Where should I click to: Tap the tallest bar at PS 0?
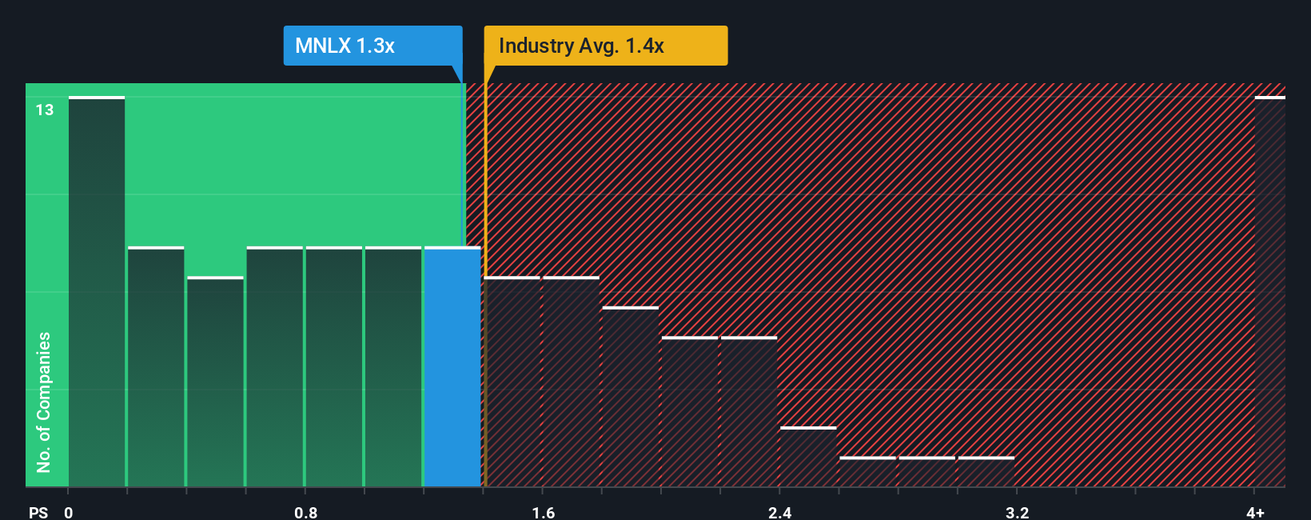pyautogui.click(x=97, y=292)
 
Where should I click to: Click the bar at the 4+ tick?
pyautogui.click(x=1269, y=292)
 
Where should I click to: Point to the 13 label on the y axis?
pyautogui.click(x=45, y=110)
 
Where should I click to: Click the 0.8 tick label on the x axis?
pyautogui.click(x=305, y=512)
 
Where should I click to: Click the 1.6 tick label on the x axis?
pyautogui.click(x=543, y=512)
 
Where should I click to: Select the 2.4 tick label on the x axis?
pyautogui.click(x=779, y=512)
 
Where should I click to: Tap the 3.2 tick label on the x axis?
pyautogui.click(x=1017, y=512)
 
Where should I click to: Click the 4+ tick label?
pyautogui.click(x=1255, y=512)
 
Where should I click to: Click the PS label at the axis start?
pyautogui.click(x=38, y=512)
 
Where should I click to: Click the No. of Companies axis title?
pyautogui.click(x=44, y=402)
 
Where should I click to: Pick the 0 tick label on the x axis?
pyautogui.click(x=69, y=512)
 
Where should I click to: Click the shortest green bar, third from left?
pyautogui.click(x=215, y=382)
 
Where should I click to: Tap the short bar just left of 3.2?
pyautogui.click(x=986, y=472)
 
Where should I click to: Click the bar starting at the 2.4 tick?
pyautogui.click(x=808, y=457)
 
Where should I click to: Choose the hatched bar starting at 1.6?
pyautogui.click(x=571, y=382)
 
